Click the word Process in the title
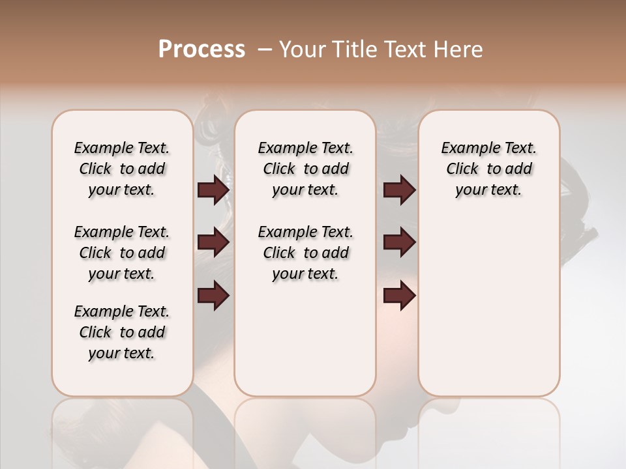tap(201, 50)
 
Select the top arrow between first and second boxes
tap(213, 190)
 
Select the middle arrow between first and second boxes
tap(213, 243)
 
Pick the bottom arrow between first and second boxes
tap(213, 296)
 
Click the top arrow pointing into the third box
tap(399, 190)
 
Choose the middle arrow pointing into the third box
tap(399, 243)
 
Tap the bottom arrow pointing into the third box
tap(399, 296)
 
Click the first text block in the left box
tap(122, 169)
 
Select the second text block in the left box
tap(122, 253)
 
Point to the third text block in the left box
tap(122, 332)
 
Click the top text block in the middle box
tap(305, 169)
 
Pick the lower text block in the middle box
tap(305, 253)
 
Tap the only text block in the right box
tap(488, 169)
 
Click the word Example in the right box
tap(466, 149)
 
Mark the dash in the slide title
tap(265, 50)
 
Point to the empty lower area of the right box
tap(488, 306)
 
